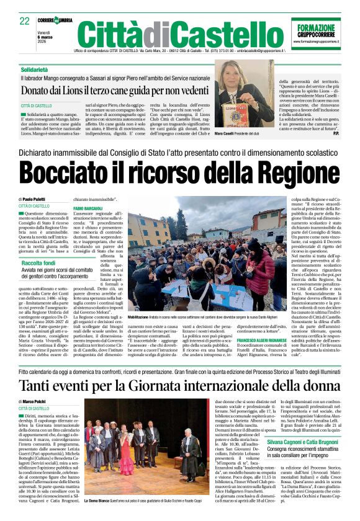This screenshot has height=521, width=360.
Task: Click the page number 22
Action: pyautogui.click(x=24, y=21)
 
